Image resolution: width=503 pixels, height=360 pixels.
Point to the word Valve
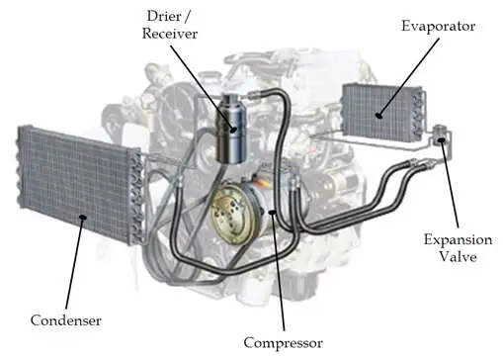coord(460,258)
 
